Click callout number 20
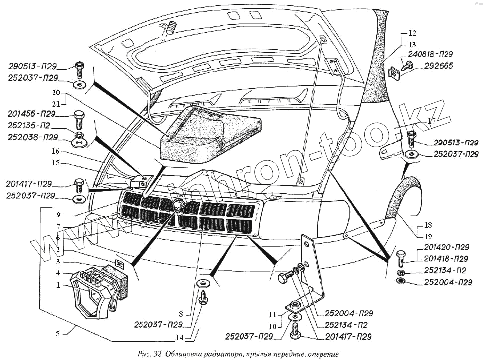[55, 93]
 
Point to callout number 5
[57, 333]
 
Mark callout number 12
[412, 34]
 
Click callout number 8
[181, 314]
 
